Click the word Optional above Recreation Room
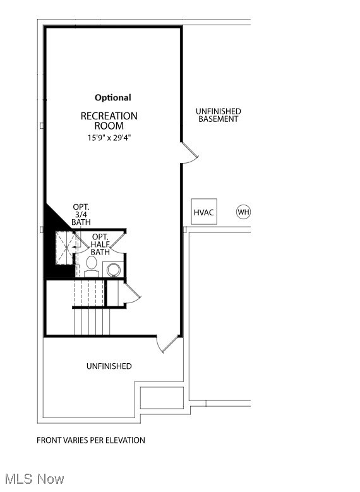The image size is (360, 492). point(113,97)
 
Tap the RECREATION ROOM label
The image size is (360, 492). point(109,121)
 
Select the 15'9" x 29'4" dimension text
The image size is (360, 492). point(109,137)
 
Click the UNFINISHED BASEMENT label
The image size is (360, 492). point(219,115)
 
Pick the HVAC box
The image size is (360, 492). point(204,212)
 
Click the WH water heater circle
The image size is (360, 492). point(244,212)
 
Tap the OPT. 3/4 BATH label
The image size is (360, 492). point(81,214)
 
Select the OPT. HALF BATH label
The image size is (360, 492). point(100,244)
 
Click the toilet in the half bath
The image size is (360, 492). point(92,265)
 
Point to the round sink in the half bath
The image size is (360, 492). point(114,270)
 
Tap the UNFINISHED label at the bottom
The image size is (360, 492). point(109,366)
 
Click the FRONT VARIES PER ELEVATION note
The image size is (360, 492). point(91,440)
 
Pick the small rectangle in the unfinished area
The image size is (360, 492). point(161,398)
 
